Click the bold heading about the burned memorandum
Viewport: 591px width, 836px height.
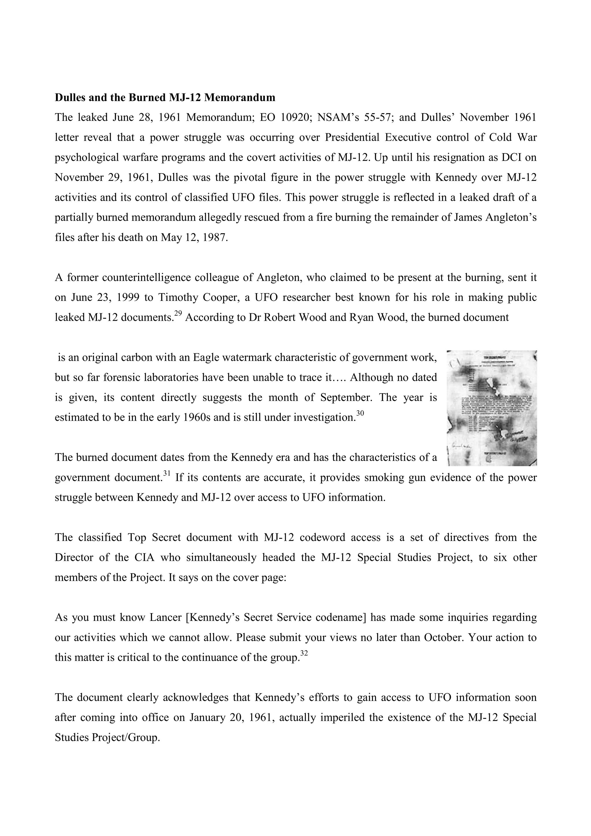point(165,98)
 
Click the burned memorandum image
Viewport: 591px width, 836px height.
point(492,408)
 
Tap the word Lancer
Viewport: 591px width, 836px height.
point(165,618)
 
